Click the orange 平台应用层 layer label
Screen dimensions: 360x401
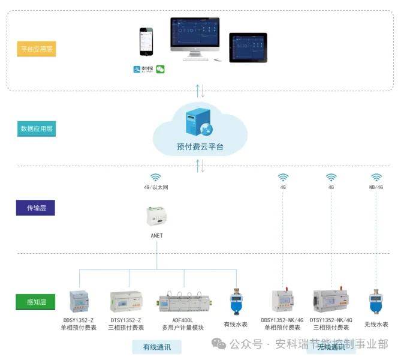point(37,49)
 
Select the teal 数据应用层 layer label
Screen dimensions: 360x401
point(37,128)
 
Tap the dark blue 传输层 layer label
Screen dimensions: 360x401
point(37,208)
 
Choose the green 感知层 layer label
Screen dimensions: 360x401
point(37,302)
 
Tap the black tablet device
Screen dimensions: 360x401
point(248,47)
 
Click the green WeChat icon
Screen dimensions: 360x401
point(160,69)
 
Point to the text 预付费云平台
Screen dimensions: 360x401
point(200,146)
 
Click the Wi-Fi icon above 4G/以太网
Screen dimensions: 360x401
point(156,177)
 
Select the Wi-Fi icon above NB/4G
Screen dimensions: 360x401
point(376,177)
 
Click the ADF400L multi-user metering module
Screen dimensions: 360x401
point(183,302)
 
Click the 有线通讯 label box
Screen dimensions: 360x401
point(156,347)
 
